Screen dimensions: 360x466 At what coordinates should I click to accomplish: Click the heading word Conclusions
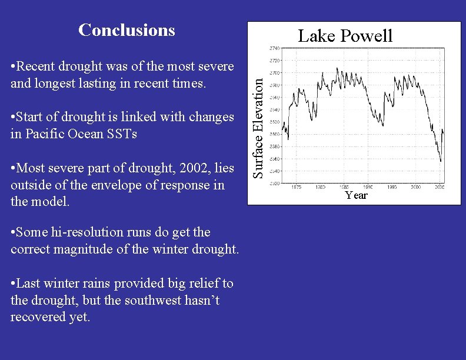[127, 30]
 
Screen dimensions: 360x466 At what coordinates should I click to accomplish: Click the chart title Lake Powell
[345, 36]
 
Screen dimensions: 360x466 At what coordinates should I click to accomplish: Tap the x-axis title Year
[356, 195]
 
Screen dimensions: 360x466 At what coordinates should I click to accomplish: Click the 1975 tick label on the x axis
[297, 188]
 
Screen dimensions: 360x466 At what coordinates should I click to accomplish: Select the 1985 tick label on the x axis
[345, 188]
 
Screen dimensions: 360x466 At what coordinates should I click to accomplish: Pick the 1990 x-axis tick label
[368, 188]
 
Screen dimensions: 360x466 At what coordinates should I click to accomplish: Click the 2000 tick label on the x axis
[416, 188]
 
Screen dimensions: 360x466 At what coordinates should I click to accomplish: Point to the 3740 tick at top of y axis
[275, 48]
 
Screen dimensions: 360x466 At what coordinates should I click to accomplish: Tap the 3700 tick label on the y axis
[275, 73]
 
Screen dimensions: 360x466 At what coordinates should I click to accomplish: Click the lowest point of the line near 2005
[441, 161]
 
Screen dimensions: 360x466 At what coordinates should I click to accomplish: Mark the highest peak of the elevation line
[337, 68]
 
